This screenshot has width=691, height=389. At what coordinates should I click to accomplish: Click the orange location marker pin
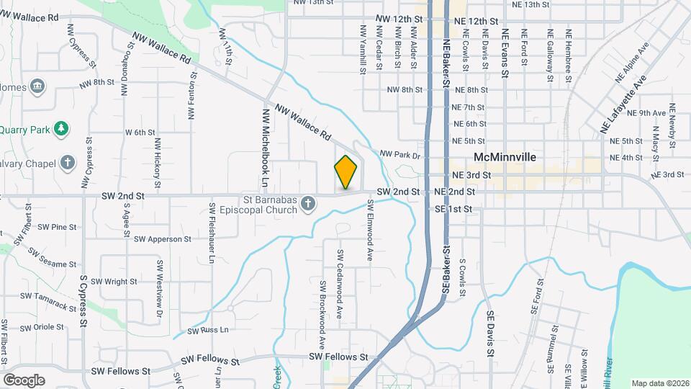[x=345, y=172]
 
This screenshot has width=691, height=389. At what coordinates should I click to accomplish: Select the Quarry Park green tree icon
[x=63, y=128]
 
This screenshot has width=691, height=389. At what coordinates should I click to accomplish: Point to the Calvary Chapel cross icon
[x=68, y=162]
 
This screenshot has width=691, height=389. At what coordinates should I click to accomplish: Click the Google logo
[x=24, y=380]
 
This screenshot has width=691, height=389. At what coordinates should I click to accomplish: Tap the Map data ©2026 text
[x=659, y=383]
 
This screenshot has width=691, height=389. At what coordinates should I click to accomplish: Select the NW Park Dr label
[x=399, y=155]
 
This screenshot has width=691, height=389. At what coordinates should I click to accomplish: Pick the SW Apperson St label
[x=162, y=239]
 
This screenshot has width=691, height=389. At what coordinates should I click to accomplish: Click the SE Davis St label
[x=489, y=334]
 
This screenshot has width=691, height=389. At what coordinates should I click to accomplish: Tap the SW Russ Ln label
[x=207, y=331]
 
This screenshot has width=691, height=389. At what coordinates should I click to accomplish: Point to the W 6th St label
[x=140, y=133]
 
